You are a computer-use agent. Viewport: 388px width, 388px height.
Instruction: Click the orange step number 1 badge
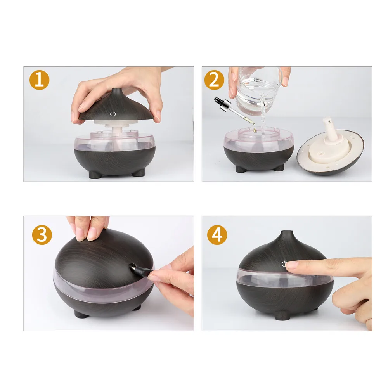point(39,80)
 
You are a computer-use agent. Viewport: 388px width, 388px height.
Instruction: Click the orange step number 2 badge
point(214,80)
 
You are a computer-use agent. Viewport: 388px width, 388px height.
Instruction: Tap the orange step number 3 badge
point(42,235)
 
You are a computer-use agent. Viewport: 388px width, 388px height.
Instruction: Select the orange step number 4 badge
point(217,235)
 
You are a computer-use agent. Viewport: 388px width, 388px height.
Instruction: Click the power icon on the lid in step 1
point(113,114)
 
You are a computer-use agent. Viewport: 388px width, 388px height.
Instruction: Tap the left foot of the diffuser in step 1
point(95,175)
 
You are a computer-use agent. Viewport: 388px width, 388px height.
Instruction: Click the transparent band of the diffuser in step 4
point(284,277)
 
